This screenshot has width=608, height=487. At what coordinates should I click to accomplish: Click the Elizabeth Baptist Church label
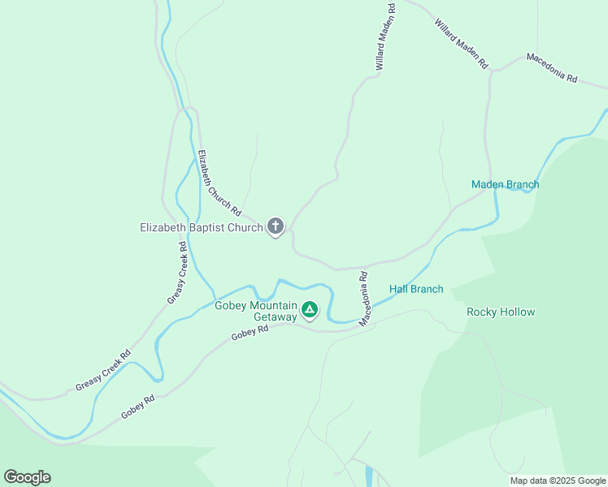(201, 228)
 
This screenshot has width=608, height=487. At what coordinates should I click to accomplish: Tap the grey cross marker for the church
(276, 226)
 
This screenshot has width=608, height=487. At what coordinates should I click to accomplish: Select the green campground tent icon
(310, 309)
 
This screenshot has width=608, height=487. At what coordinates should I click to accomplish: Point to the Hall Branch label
(416, 289)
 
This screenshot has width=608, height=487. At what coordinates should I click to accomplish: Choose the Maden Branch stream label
(505, 184)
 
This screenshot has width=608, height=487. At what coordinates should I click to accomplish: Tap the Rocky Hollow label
(501, 312)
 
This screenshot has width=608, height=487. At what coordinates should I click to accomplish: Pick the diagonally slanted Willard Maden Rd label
(461, 43)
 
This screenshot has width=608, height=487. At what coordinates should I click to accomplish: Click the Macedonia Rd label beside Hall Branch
(366, 299)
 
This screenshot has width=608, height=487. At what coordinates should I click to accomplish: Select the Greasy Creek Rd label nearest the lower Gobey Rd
(103, 371)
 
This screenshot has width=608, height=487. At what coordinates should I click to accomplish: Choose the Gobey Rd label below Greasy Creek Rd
(138, 407)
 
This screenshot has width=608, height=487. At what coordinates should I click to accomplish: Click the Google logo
(27, 477)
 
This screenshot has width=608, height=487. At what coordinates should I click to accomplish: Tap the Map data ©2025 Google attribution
(557, 481)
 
